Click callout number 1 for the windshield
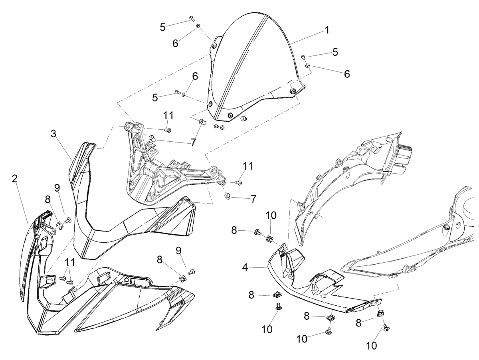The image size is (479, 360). coord(327,30)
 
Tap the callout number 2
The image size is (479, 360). coord(15,179)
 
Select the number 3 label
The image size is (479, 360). coord(53,134)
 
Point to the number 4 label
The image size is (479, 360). coord(245,267)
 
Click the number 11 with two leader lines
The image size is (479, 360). coord(69,262)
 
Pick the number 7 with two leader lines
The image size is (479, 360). coord(193,142)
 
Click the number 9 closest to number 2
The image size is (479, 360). coord(57,188)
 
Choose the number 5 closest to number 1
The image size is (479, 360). coord(335,52)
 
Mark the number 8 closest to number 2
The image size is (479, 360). coord(48,199)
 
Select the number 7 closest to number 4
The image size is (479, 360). coord(253,199)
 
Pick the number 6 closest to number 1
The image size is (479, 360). coord(347,74)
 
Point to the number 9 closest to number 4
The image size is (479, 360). coord(179,250)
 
